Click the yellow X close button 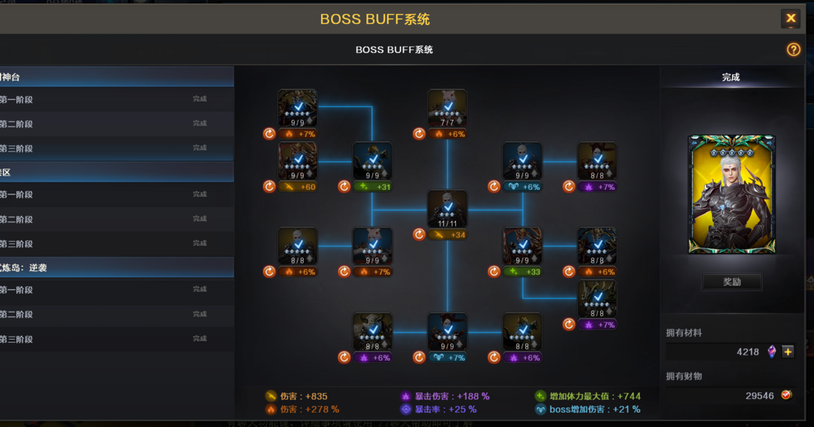[791, 19]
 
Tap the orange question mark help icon [793, 50]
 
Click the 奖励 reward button [732, 282]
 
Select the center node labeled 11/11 [448, 209]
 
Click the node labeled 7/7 [448, 108]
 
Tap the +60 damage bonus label [298, 187]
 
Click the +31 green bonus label [372, 187]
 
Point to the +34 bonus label [448, 235]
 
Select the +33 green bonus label [522, 272]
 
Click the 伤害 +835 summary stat [296, 396]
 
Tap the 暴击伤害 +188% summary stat [445, 396]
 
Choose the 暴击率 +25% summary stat [439, 410]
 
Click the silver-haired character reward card [731, 194]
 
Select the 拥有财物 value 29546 [760, 395]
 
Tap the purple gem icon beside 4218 [772, 352]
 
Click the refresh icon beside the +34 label [419, 235]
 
